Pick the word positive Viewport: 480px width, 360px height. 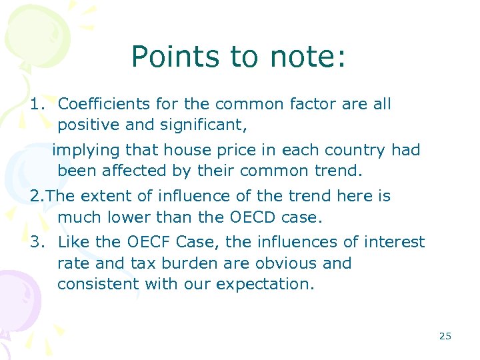pyautogui.click(x=85, y=125)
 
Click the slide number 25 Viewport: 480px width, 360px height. pyautogui.click(x=445, y=336)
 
